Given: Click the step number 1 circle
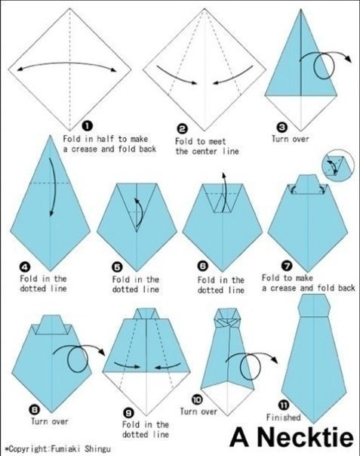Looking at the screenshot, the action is (88, 125).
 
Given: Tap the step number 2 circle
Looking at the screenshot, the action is (183, 129).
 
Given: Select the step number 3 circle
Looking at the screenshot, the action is (282, 127).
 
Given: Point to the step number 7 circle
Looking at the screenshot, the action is (287, 266).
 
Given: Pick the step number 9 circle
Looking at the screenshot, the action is (128, 413).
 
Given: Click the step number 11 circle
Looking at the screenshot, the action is (284, 405).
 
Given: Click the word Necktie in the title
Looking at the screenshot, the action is (305, 437).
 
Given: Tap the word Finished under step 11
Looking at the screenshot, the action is (284, 417).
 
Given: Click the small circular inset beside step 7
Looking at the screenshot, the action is (338, 165).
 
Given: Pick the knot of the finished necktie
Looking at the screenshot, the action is (314, 305).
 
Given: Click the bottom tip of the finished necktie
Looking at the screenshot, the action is (314, 423).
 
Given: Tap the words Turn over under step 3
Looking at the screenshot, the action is (291, 139).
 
